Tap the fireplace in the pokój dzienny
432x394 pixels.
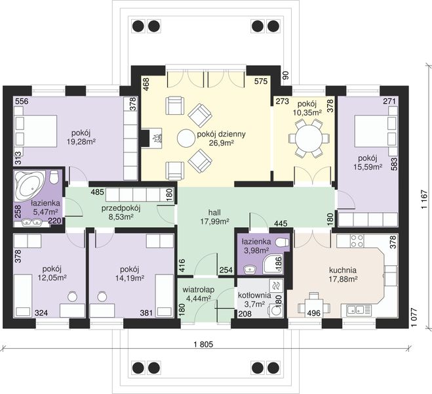coord(151,138)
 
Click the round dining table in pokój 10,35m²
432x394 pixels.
coord(309,138)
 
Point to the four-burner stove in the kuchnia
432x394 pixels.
coord(356,240)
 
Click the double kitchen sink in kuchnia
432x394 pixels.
coord(356,311)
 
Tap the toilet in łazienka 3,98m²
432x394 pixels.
coord(282,242)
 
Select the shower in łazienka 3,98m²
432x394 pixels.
coord(273,264)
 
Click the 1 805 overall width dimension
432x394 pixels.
coord(204,344)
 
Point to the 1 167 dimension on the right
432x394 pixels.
coord(424,199)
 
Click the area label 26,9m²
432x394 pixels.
coord(221,143)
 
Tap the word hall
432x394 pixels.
coord(214,213)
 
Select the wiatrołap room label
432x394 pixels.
coord(199,290)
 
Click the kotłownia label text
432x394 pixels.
coord(254,295)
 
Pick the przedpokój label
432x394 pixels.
coord(121,208)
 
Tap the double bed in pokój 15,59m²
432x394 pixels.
coord(376,131)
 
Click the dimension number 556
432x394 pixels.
coord(22,101)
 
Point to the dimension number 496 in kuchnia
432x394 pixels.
coord(314,313)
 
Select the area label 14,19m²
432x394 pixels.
coord(130,278)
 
